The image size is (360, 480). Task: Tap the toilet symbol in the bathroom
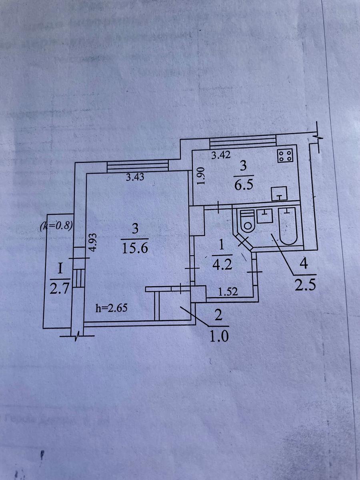point(246,221)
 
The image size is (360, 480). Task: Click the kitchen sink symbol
point(280,194)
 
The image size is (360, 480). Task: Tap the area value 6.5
point(243,186)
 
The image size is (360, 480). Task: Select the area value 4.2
point(223,265)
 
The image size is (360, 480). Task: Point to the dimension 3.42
point(221,156)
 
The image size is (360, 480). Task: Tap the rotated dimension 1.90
point(201,176)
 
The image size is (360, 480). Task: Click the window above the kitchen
point(243,142)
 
